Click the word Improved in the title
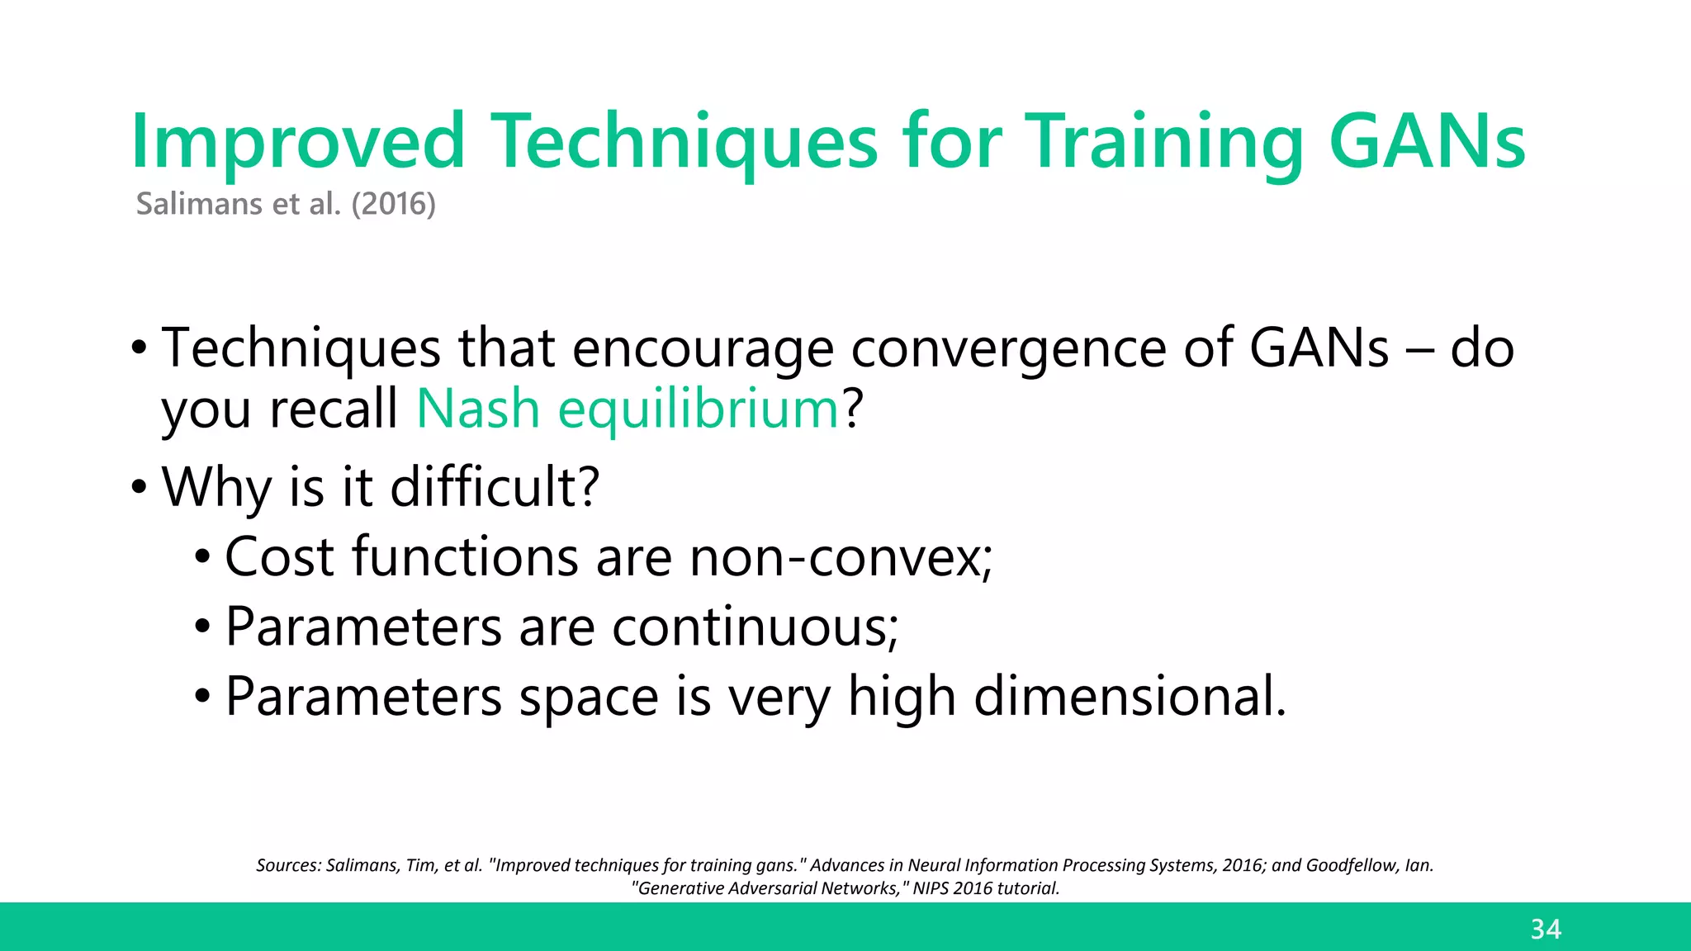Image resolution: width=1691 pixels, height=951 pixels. pos(298,142)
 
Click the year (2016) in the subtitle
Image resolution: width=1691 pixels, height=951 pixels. pos(393,204)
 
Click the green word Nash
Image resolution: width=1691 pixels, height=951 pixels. pos(478,409)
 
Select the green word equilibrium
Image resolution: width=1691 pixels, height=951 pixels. pos(699,409)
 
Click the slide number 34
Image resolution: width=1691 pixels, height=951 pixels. pos(1546,930)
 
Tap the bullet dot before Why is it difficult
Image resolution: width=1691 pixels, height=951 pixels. pos(139,487)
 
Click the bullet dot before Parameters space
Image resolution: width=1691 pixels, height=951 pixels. pos(203,697)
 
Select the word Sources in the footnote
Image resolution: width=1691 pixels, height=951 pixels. pos(287,865)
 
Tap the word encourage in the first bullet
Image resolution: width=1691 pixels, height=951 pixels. pos(703,348)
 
